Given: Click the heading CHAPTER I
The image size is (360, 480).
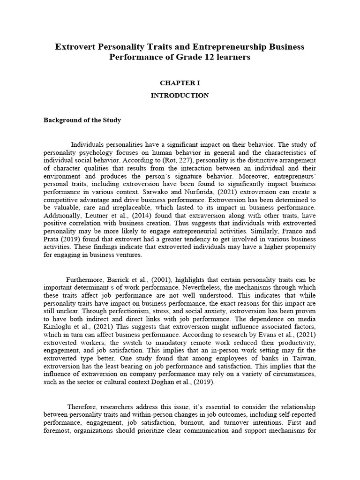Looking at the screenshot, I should pyautogui.click(x=180, y=83).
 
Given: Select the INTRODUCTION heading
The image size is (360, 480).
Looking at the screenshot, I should pyautogui.click(x=180, y=95).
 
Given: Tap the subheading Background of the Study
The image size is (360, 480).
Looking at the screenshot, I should pyautogui.click(x=82, y=120).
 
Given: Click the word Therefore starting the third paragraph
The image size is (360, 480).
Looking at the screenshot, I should pyautogui.click(x=82, y=406).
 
